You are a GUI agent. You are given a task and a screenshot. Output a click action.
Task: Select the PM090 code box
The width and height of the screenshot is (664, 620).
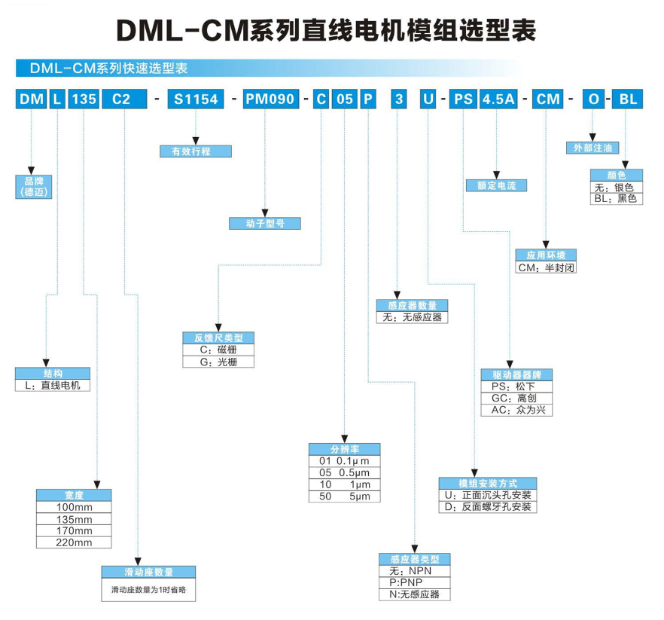pyautogui.click(x=270, y=99)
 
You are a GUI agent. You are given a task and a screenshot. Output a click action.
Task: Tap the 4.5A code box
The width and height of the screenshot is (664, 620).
pyautogui.click(x=498, y=99)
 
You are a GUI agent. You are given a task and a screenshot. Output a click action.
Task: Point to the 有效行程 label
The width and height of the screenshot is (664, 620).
pyautogui.click(x=196, y=151)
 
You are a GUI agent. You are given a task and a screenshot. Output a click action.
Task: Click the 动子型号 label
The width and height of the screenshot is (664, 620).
pyautogui.click(x=265, y=223)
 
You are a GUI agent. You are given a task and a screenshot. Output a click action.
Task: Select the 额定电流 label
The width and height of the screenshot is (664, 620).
pyautogui.click(x=496, y=185)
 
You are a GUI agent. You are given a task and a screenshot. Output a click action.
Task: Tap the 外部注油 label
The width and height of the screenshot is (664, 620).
pyautogui.click(x=592, y=148)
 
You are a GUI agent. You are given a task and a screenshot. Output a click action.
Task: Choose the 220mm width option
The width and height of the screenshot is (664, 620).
pyautogui.click(x=74, y=542)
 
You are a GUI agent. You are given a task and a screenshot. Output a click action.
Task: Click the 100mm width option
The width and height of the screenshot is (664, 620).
pyautogui.click(x=74, y=507)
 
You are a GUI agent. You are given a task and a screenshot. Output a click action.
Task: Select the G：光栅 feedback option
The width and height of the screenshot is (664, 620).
pyautogui.click(x=218, y=362)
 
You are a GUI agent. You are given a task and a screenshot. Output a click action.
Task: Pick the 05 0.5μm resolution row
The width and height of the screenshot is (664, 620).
pyautogui.click(x=345, y=473)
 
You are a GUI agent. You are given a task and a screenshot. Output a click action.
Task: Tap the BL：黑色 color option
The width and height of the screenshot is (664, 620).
pyautogui.click(x=615, y=199)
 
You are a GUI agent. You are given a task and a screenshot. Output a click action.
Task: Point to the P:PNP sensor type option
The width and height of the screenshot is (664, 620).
pyautogui.click(x=414, y=582)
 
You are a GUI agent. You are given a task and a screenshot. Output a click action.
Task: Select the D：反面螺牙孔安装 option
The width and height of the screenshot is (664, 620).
pyautogui.click(x=488, y=507)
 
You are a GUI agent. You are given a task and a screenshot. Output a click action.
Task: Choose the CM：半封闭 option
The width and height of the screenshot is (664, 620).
pyautogui.click(x=546, y=267)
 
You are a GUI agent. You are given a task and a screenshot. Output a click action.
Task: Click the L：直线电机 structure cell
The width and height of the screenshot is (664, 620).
pyautogui.click(x=53, y=385)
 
